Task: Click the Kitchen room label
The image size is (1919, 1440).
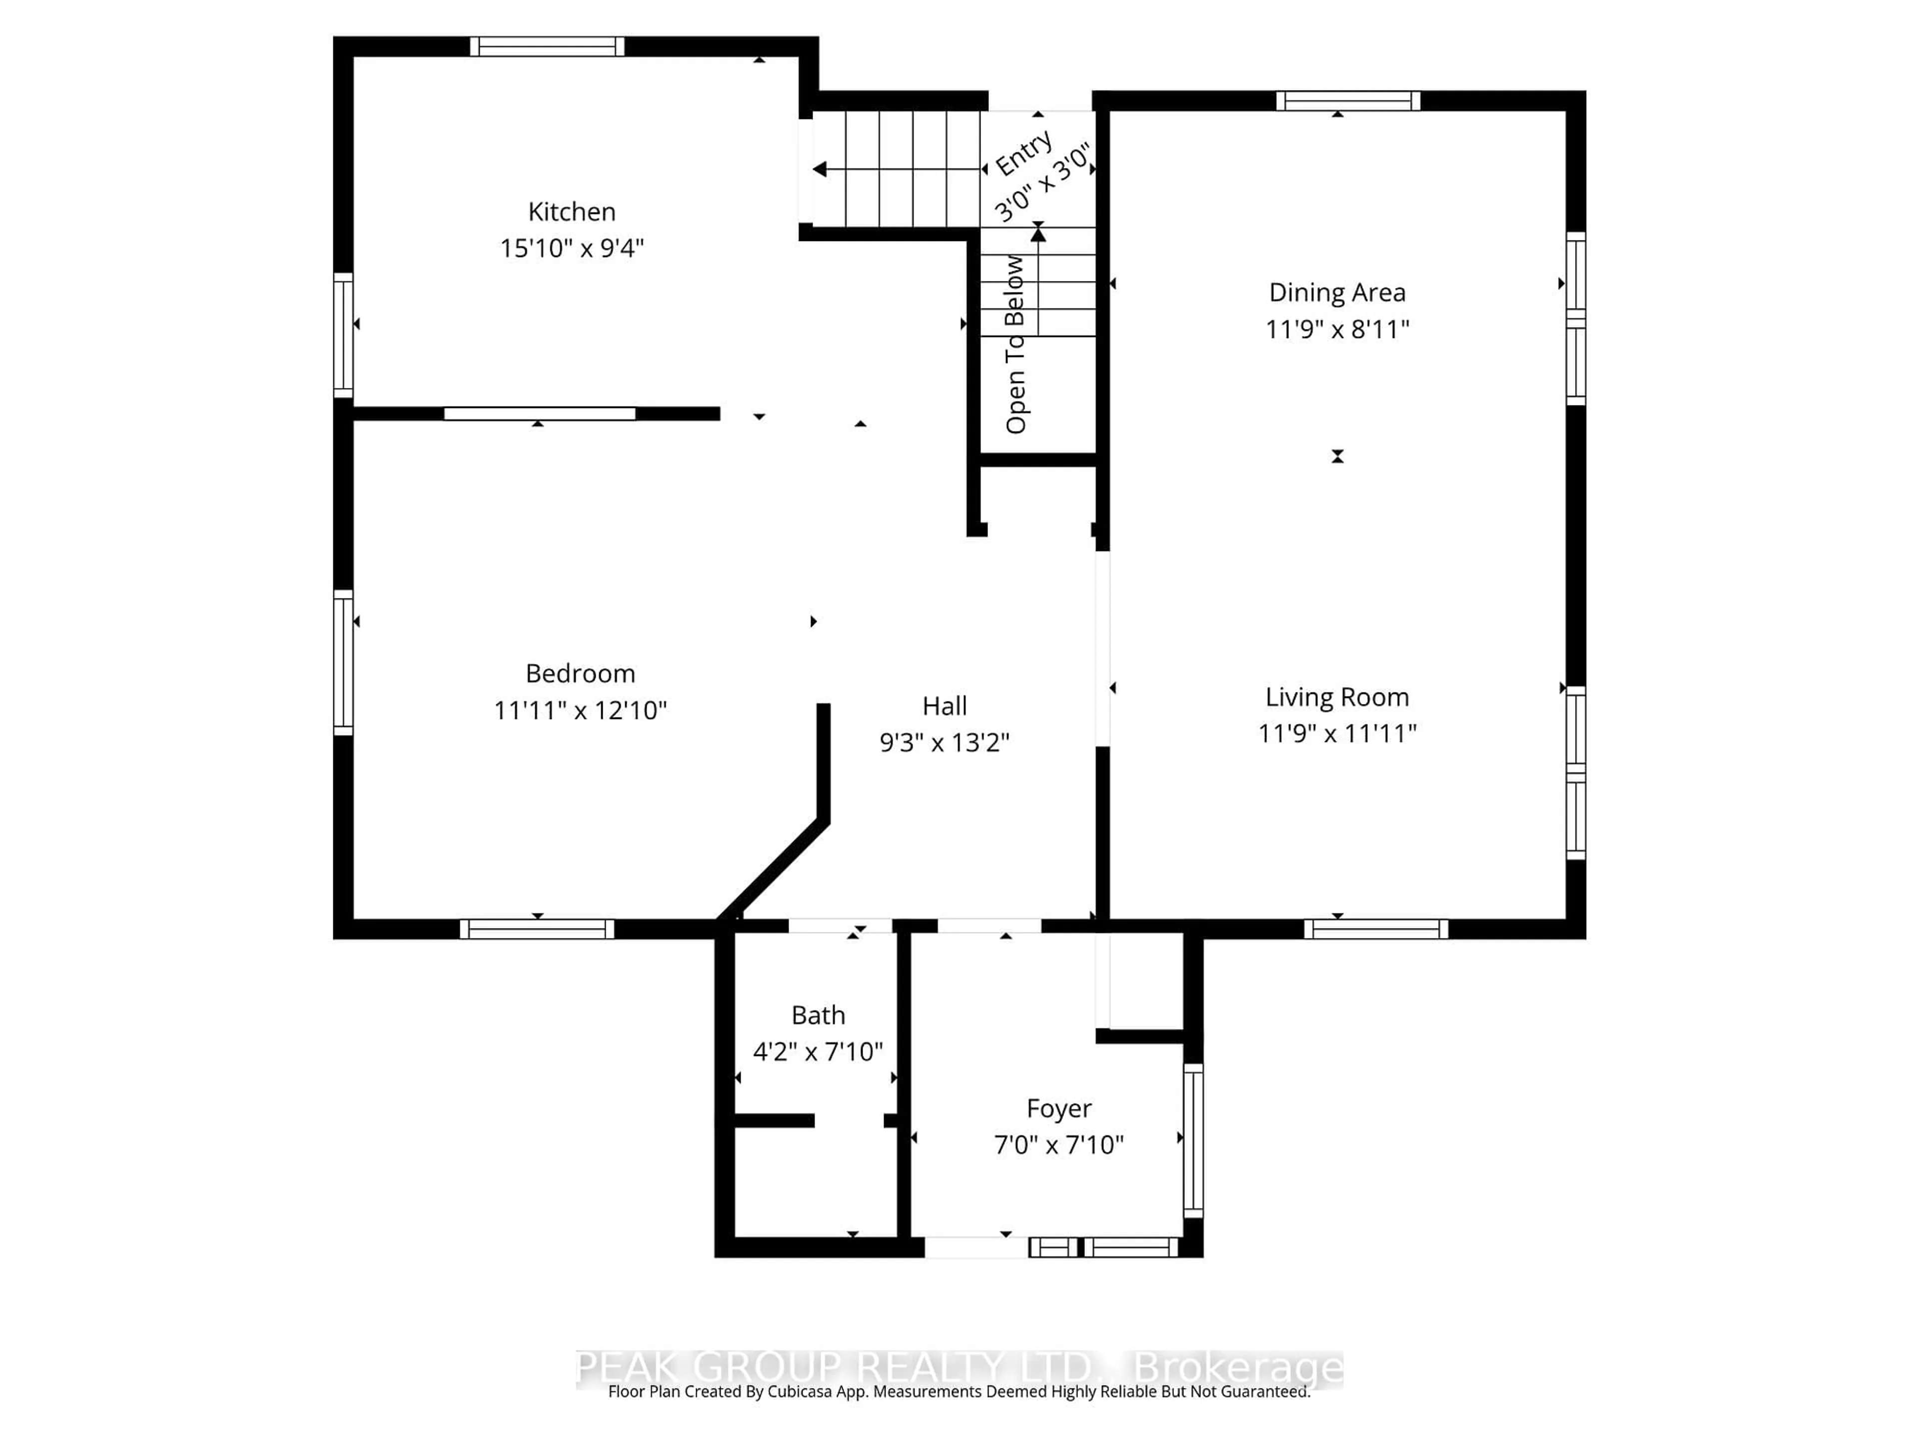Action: tap(572, 212)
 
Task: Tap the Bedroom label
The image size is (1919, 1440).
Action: tap(580, 673)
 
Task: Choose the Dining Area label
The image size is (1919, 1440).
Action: tap(1337, 292)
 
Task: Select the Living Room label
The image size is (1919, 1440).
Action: tap(1337, 697)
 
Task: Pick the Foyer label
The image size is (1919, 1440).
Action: tap(1058, 1108)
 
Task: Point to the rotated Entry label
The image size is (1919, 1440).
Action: tap(1023, 153)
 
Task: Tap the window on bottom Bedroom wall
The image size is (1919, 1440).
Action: tap(537, 929)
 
